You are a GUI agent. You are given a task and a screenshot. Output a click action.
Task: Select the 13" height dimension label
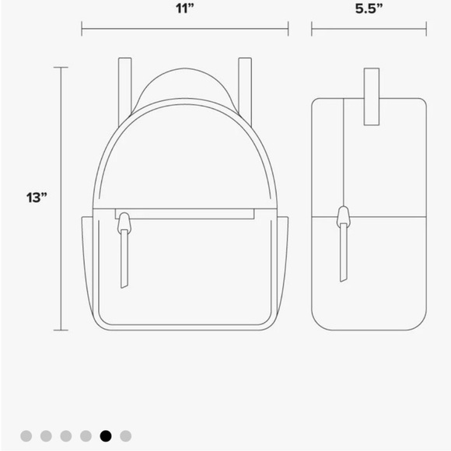pyautogui.click(x=36, y=198)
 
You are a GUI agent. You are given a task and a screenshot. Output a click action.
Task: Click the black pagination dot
pyautogui.click(x=106, y=436)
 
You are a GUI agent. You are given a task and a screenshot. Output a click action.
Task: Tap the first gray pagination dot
pyautogui.click(x=26, y=436)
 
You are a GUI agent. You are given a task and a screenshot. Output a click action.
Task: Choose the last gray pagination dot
pyautogui.click(x=126, y=436)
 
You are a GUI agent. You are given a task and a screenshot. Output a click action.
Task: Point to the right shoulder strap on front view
pyautogui.click(x=245, y=86)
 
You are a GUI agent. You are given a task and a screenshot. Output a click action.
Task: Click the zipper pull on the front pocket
pyautogui.click(x=123, y=253)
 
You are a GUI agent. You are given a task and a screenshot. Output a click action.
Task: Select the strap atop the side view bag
pyautogui.click(x=371, y=96)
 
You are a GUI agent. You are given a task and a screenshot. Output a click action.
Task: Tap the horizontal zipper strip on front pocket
pyautogui.click(x=187, y=213)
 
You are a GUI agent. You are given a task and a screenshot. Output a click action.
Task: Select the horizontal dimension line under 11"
pyautogui.click(x=184, y=31)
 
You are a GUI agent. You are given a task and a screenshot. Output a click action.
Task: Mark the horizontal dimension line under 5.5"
pyautogui.click(x=369, y=31)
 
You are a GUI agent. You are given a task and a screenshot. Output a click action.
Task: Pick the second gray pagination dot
pyautogui.click(x=47, y=436)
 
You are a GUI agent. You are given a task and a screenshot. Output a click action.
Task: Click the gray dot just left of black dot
pyautogui.click(x=86, y=436)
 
